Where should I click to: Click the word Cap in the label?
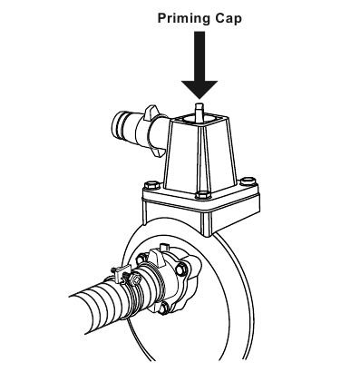pyautogui.click(x=229, y=18)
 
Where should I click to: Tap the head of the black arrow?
pyautogui.click(x=199, y=89)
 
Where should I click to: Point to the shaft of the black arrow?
pyautogui.click(x=199, y=56)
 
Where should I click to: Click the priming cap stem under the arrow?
pyautogui.click(x=199, y=113)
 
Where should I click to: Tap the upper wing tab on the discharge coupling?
pyautogui.click(x=151, y=112)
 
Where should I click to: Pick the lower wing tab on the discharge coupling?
pyautogui.click(x=159, y=152)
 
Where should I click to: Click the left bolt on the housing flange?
pyautogui.click(x=151, y=185)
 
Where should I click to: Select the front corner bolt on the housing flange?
pyautogui.click(x=202, y=195)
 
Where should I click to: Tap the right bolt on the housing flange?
pyautogui.click(x=248, y=181)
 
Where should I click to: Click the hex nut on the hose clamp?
pyautogui.click(x=137, y=278)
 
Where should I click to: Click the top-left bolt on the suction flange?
pyautogui.click(x=141, y=260)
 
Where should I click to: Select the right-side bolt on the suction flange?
pyautogui.click(x=181, y=269)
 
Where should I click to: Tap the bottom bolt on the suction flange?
pyautogui.click(x=164, y=309)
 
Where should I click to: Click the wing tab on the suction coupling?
pyautogui.click(x=155, y=257)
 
